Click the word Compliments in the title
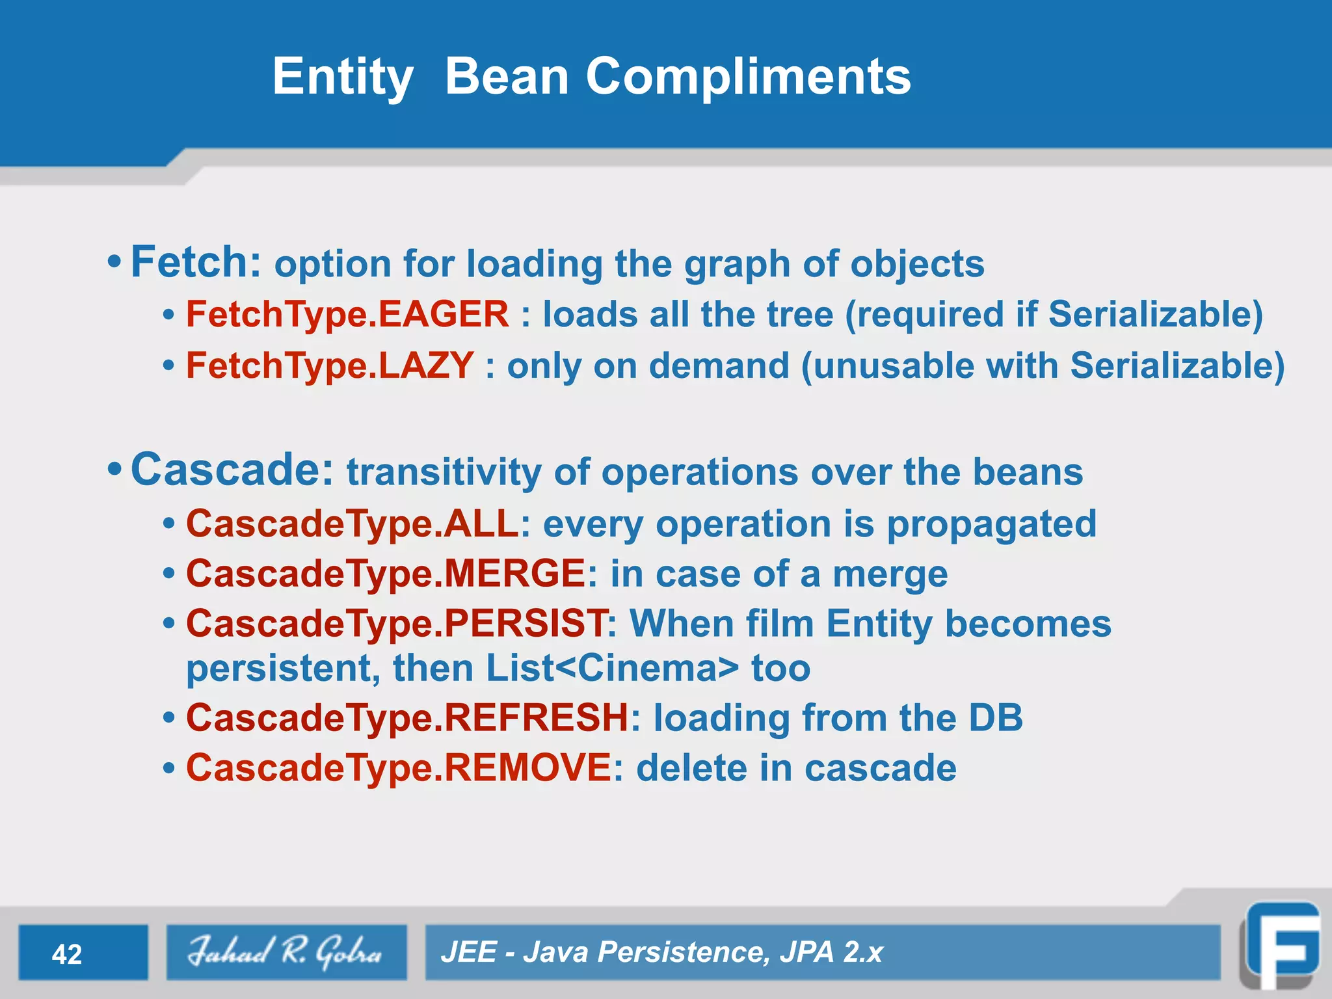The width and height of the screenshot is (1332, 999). pyautogui.click(x=748, y=77)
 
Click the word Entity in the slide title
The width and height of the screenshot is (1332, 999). pyautogui.click(x=343, y=77)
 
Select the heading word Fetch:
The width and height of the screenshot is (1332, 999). pyautogui.click(x=196, y=262)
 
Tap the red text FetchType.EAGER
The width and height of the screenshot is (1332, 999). pyautogui.click(x=347, y=315)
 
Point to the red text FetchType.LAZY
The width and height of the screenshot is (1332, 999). pyautogui.click(x=330, y=366)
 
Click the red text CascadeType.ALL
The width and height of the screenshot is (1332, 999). pyautogui.click(x=353, y=524)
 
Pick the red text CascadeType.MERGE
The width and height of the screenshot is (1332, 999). pyautogui.click(x=386, y=574)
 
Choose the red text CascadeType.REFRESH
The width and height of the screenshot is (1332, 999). pyautogui.click(x=407, y=718)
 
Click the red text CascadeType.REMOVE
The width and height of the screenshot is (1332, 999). pyautogui.click(x=398, y=768)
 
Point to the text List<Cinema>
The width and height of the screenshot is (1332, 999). pyautogui.click(x=612, y=669)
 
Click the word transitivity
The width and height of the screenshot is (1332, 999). pyautogui.click(x=444, y=472)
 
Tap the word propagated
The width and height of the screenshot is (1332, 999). pyautogui.click(x=991, y=524)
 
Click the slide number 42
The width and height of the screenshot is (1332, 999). pyautogui.click(x=67, y=954)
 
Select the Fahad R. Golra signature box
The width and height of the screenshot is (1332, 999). pyautogui.click(x=286, y=952)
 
